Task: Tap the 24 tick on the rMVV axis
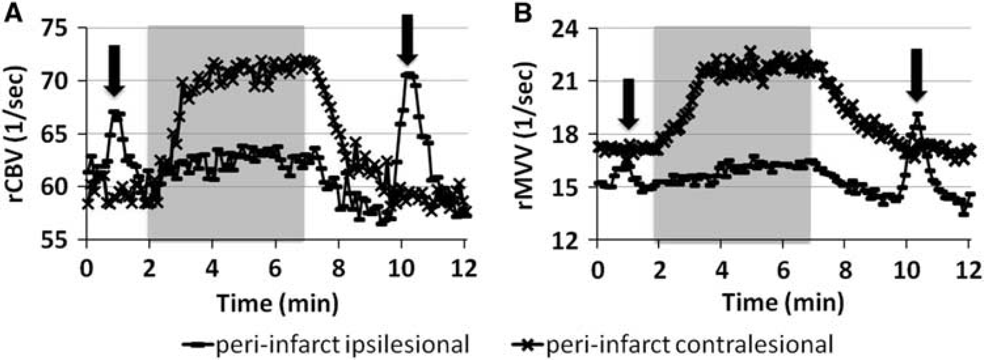tap(570, 28)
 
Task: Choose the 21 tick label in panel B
tap(570, 81)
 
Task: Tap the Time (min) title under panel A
tap(277, 302)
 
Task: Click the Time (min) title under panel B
tap(783, 302)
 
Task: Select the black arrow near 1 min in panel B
tap(629, 105)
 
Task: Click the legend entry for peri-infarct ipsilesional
tap(326, 344)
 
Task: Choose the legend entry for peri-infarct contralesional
tap(671, 344)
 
